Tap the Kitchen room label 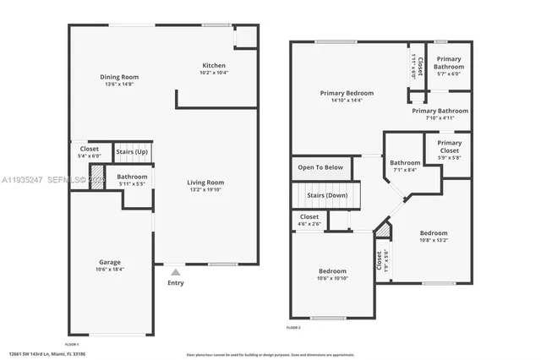point(213,65)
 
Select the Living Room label point(205,183)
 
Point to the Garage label point(111,262)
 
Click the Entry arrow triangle point(176,272)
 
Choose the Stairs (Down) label point(327,195)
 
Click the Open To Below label point(321,167)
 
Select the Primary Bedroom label point(347,93)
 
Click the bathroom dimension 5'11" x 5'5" point(132,184)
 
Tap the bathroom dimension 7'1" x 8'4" point(405,170)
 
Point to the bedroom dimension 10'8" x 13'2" point(434,240)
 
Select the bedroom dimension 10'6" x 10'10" point(332,279)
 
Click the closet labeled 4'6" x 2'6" point(309,224)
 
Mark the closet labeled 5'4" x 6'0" point(89,156)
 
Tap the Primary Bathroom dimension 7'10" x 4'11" point(440,118)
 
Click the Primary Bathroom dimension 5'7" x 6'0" point(449,74)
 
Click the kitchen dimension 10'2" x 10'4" point(213,73)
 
